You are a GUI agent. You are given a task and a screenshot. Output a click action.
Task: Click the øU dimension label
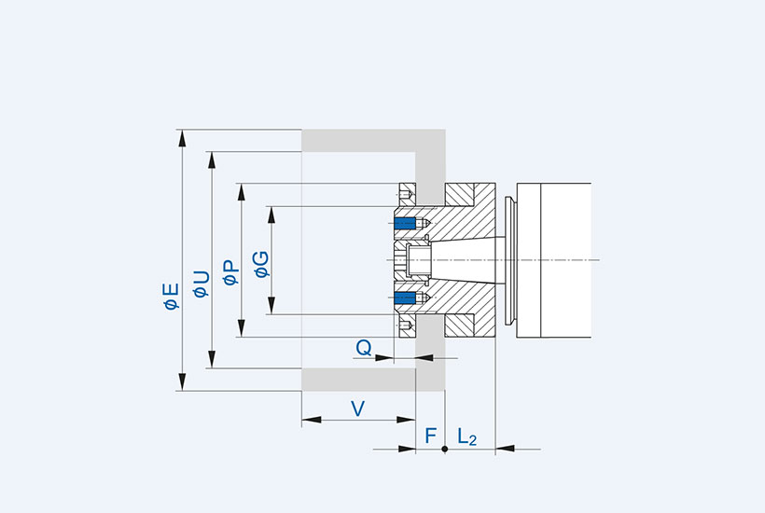201,283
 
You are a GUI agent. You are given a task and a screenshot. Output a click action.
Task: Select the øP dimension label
230,271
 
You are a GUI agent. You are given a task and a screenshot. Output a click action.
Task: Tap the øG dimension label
262,264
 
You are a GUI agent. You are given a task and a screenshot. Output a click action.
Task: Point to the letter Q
365,347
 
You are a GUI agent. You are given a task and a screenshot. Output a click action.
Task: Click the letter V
357,408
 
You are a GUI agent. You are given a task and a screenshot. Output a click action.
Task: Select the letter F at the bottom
430,436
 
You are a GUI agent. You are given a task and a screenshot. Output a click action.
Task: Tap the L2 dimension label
466,437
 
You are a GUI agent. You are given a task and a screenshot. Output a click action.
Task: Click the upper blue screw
405,223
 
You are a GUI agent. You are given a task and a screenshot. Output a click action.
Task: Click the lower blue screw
405,298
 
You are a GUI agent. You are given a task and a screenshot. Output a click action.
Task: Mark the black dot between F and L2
445,449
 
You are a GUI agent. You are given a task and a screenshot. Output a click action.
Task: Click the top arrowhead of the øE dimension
182,136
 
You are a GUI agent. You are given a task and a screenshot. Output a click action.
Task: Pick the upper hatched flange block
470,196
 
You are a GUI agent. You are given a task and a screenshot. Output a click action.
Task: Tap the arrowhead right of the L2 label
501,449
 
